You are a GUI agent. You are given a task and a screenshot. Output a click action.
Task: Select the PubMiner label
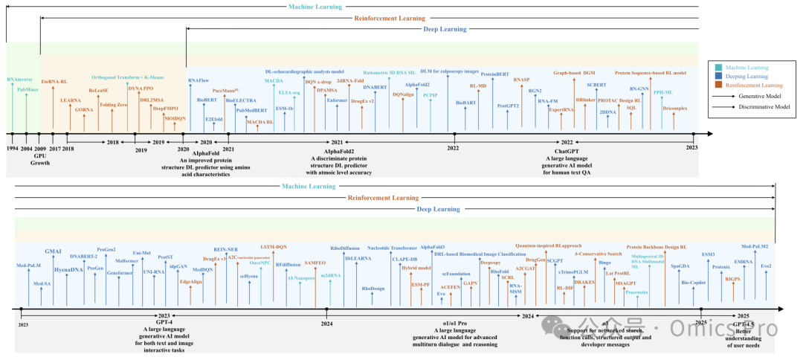pos(28,89)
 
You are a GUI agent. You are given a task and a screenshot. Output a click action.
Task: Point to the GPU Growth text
pos(40,158)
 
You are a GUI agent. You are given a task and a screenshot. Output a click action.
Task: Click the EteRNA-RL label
pos(54,80)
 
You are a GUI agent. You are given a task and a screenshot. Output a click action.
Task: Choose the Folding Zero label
pos(113,105)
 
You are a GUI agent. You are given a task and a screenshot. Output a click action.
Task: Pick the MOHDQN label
pos(175,118)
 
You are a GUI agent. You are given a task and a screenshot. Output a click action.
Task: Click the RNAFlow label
pos(199,80)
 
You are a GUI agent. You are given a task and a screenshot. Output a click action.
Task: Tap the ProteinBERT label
pos(495,74)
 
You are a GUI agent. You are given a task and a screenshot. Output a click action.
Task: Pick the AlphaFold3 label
pos(432,247)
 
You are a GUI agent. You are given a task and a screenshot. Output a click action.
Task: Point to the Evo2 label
pos(766,266)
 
